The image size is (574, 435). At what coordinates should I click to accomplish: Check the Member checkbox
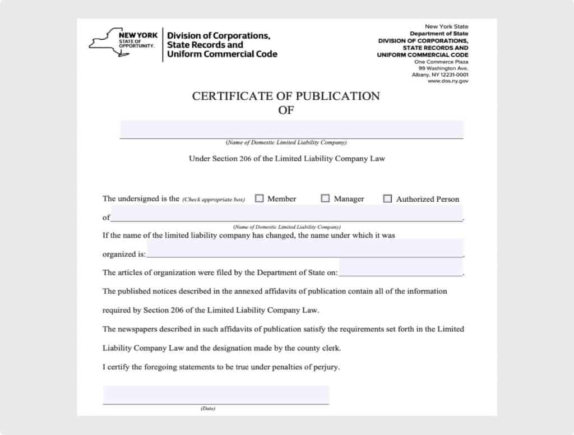coord(260,198)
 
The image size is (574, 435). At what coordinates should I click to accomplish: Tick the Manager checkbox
coord(325,198)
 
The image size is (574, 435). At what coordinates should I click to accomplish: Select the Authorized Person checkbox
coord(387,198)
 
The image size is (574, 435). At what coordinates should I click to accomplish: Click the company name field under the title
coord(291,129)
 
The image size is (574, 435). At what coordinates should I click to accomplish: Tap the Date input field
coord(216,395)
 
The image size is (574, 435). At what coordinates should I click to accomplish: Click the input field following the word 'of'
coord(287,213)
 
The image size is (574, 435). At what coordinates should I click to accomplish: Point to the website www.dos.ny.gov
coord(448,81)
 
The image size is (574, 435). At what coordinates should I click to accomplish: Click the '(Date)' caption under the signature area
coord(208,409)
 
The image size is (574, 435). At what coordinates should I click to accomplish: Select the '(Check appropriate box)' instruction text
coord(214,200)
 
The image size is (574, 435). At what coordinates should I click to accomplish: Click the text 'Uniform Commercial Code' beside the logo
coord(222,54)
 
